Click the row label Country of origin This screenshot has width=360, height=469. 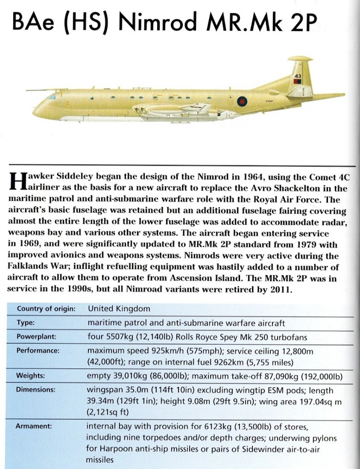46,309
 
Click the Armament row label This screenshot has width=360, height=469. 34,426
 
